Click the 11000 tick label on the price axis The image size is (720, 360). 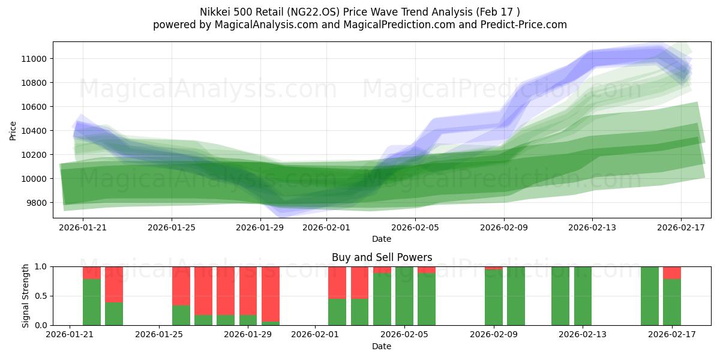click(x=35, y=59)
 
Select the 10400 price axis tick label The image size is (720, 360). click(x=35, y=131)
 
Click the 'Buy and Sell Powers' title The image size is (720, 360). click(x=382, y=257)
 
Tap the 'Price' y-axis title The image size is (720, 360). click(x=13, y=130)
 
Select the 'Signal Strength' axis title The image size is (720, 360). click(x=25, y=296)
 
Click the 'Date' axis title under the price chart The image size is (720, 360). click(x=382, y=239)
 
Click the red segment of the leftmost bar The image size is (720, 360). click(x=92, y=272)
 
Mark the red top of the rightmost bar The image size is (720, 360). click(x=672, y=272)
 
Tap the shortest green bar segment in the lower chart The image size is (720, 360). click(x=271, y=323)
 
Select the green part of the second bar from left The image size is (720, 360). click(x=114, y=313)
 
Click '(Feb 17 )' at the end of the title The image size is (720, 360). click(x=496, y=12)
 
